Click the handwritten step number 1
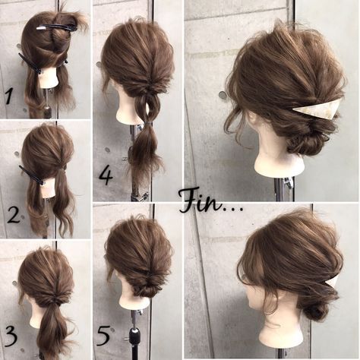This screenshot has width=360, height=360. tap(10, 96)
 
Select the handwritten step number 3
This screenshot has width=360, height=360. tap(11, 336)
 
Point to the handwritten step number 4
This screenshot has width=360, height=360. tap(106, 176)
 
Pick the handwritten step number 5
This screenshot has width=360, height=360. tap(104, 336)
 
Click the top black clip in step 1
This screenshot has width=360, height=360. tap(55, 27)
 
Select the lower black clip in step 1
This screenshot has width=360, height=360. tap(30, 64)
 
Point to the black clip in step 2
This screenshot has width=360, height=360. tap(32, 175)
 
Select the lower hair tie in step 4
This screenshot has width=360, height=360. tap(149, 124)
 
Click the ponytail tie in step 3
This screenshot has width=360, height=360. tap(54, 301)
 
